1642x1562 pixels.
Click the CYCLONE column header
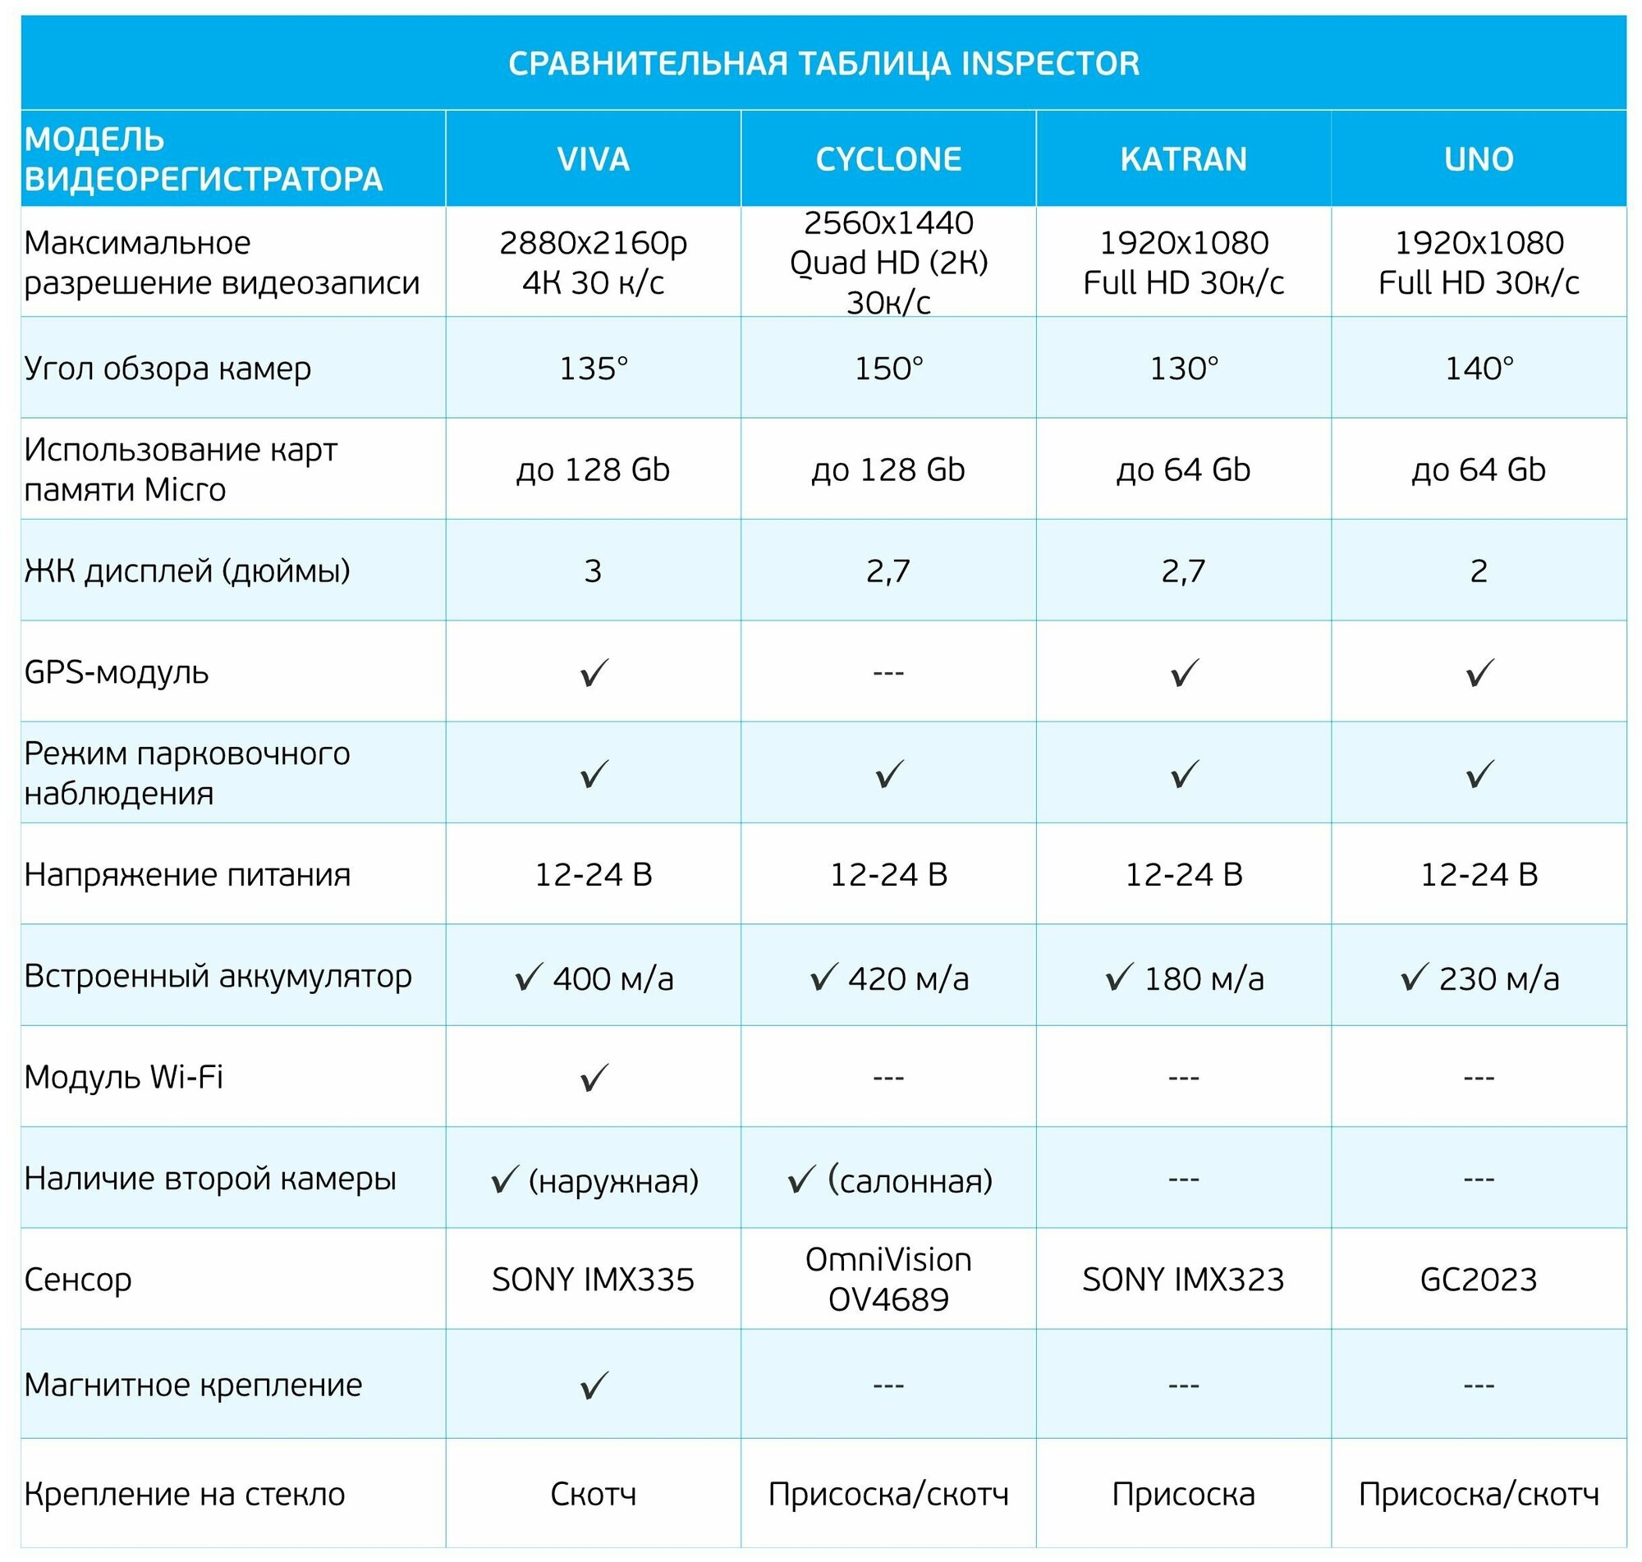coord(888,158)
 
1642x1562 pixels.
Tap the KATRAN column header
coord(1183,158)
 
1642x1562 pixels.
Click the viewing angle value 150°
coord(888,368)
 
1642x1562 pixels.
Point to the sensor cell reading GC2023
coord(1478,1279)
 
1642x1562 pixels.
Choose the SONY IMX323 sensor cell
coord(1183,1279)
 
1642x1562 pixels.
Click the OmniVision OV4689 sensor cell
coord(888,1279)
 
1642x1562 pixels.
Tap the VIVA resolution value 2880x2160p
coord(593,243)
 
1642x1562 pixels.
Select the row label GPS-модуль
coord(117,672)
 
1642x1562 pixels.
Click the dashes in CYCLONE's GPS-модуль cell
coord(888,672)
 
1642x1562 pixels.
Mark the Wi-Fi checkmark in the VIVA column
coord(594,1078)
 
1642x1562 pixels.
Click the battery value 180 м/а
coord(1204,979)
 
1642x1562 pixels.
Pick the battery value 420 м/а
coord(908,979)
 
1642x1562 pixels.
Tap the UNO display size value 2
coord(1478,570)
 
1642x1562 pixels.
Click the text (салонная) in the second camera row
coord(910,1180)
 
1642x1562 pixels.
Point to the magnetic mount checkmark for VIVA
coord(594,1386)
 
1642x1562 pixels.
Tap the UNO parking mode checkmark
coord(1479,774)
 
